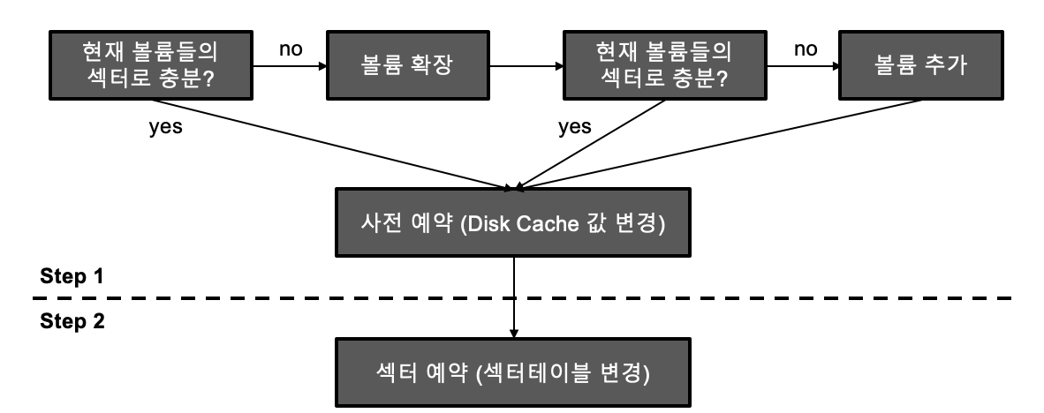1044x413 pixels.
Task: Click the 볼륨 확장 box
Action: click(x=407, y=67)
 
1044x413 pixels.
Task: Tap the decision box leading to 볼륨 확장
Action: click(x=150, y=67)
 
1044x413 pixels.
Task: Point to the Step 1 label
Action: click(x=72, y=275)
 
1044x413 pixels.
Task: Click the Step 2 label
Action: click(x=72, y=321)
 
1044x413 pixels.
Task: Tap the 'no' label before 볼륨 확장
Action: click(x=291, y=49)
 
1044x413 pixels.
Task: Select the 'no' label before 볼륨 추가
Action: click(x=805, y=49)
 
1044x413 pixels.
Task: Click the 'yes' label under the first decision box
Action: click(x=166, y=127)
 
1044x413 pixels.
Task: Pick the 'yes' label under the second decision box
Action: click(x=574, y=127)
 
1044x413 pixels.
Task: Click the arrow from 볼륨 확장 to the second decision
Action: click(x=525, y=66)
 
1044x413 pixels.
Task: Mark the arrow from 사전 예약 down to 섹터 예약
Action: click(x=513, y=292)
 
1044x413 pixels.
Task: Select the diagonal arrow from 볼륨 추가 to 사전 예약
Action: click(x=724, y=143)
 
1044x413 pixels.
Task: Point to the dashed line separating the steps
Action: click(x=618, y=298)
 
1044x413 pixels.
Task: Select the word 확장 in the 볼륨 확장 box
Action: click(x=432, y=67)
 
